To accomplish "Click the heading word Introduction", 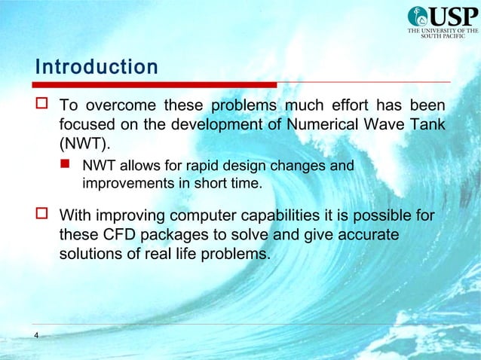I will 97,67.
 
